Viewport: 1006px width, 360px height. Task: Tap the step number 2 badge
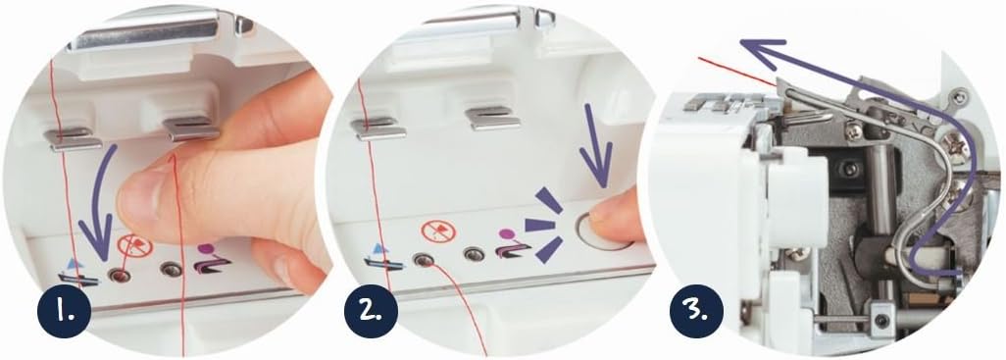pyautogui.click(x=371, y=311)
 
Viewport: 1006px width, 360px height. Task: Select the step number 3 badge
pyautogui.click(x=696, y=311)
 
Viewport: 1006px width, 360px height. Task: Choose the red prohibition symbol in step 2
pyautogui.click(x=439, y=231)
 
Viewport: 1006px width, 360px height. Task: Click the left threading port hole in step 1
pyautogui.click(x=118, y=276)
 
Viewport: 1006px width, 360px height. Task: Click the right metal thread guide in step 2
pyautogui.click(x=493, y=119)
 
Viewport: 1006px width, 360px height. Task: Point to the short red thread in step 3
pyautogui.click(x=736, y=72)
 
